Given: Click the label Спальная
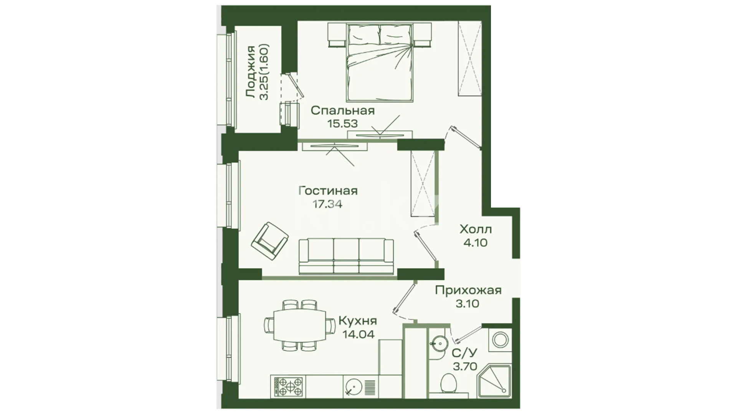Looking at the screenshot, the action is coord(342,111).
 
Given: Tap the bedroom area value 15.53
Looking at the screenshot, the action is coord(342,124).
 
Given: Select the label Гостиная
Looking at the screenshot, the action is coord(328,191).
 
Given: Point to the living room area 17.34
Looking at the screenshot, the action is coord(327,204).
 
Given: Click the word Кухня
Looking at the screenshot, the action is coord(357,320).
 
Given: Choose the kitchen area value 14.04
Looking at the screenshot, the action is coord(358,334).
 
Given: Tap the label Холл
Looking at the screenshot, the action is coord(476,230).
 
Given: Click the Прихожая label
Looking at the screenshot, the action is coord(468,290).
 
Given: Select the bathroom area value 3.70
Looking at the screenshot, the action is coord(465,366).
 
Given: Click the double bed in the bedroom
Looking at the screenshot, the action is coord(380,62).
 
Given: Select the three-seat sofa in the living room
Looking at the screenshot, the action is coord(346,256).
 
